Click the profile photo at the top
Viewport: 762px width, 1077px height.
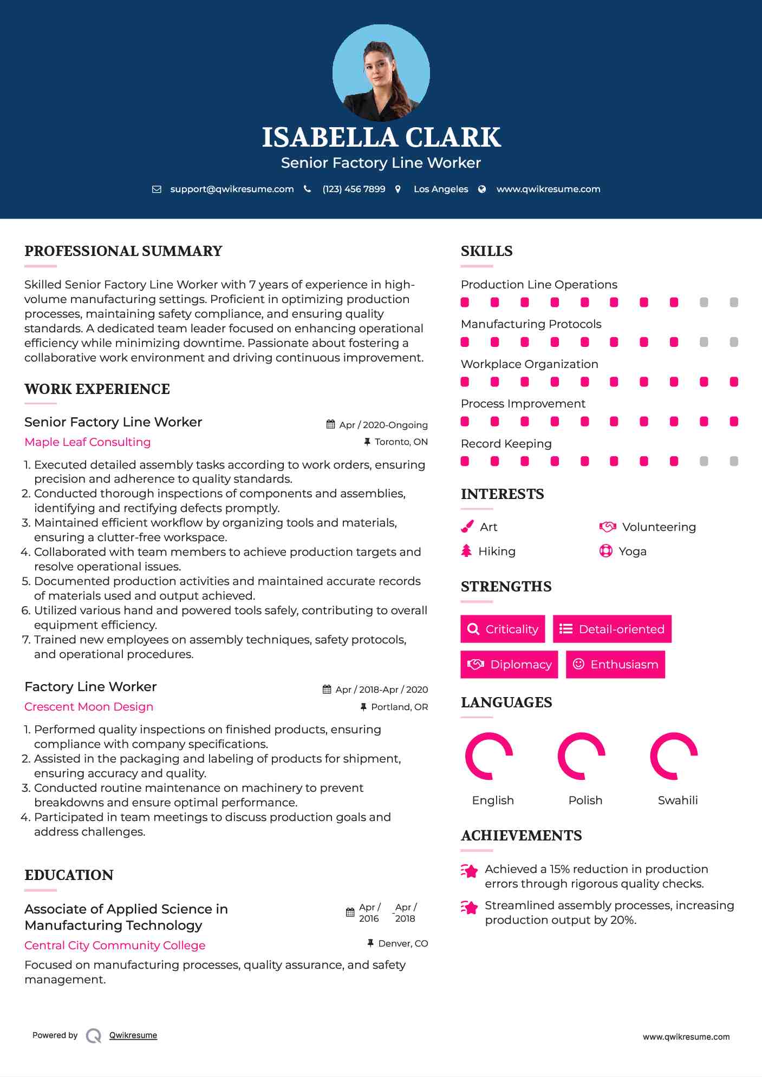381,73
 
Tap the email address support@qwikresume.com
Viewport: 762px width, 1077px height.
232,189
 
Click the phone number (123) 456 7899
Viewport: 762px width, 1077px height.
354,189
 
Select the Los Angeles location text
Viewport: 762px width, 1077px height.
441,189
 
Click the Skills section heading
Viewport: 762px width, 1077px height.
486,251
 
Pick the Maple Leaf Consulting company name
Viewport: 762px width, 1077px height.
88,442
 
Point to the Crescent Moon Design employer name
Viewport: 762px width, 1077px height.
89,707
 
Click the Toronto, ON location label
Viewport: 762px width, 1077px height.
401,442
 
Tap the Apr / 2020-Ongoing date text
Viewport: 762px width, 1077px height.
383,425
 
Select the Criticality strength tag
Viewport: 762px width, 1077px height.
503,629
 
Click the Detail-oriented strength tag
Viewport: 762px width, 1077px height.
612,629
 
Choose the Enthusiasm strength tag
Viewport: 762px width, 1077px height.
615,664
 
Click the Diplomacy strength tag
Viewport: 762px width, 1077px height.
509,664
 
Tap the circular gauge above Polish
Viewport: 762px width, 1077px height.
582,756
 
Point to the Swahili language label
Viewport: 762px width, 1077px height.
678,800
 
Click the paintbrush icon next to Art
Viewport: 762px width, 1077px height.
467,527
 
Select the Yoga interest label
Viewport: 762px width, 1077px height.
633,551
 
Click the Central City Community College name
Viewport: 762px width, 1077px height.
115,945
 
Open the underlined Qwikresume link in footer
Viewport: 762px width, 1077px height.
133,1035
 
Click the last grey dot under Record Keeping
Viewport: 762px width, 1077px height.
734,461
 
